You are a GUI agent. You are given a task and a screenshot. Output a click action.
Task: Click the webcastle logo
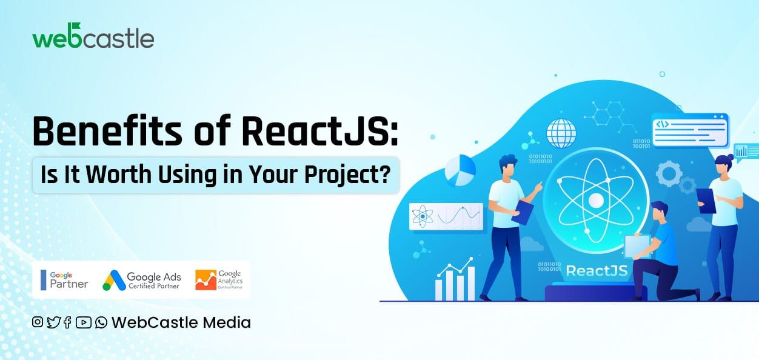click(93, 38)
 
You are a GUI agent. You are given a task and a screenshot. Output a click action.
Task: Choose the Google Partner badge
click(64, 279)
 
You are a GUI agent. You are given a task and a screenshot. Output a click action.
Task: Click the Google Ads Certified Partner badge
click(142, 279)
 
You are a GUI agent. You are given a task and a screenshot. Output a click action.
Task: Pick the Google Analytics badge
click(219, 279)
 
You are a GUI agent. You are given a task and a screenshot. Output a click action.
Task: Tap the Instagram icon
click(38, 322)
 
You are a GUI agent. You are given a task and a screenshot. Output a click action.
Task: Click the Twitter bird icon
click(53, 322)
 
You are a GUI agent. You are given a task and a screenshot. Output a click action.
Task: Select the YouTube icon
click(84, 322)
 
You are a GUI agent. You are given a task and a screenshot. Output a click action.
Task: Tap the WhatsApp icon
click(101, 322)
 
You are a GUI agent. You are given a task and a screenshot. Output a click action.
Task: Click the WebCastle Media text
click(181, 322)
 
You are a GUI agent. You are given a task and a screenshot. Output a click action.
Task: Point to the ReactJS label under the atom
click(597, 270)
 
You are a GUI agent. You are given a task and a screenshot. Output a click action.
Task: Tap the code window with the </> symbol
click(689, 130)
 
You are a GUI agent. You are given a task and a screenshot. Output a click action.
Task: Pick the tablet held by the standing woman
click(706, 201)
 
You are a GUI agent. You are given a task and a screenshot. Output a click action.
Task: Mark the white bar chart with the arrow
click(455, 280)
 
